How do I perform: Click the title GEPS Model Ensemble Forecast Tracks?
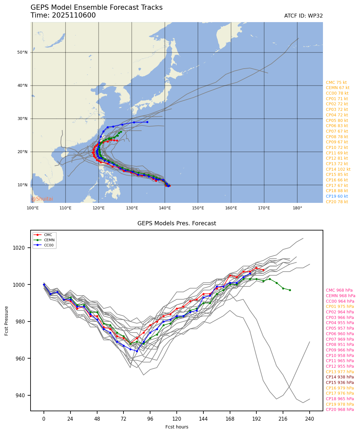click(96, 7)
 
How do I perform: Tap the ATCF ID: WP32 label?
click(303, 16)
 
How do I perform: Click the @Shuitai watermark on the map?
click(42, 199)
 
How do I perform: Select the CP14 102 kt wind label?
click(338, 169)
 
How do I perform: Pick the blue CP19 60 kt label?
click(337, 196)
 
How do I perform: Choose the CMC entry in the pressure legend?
click(48, 235)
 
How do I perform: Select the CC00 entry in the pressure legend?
click(49, 245)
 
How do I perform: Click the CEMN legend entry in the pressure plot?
click(49, 240)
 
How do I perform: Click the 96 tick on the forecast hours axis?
click(150, 419)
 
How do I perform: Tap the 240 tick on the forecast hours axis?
click(310, 419)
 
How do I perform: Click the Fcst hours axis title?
click(177, 427)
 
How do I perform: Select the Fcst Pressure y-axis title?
click(6, 321)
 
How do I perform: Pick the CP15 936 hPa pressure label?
click(340, 383)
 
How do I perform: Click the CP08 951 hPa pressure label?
click(340, 345)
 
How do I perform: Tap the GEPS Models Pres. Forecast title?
click(177, 223)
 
